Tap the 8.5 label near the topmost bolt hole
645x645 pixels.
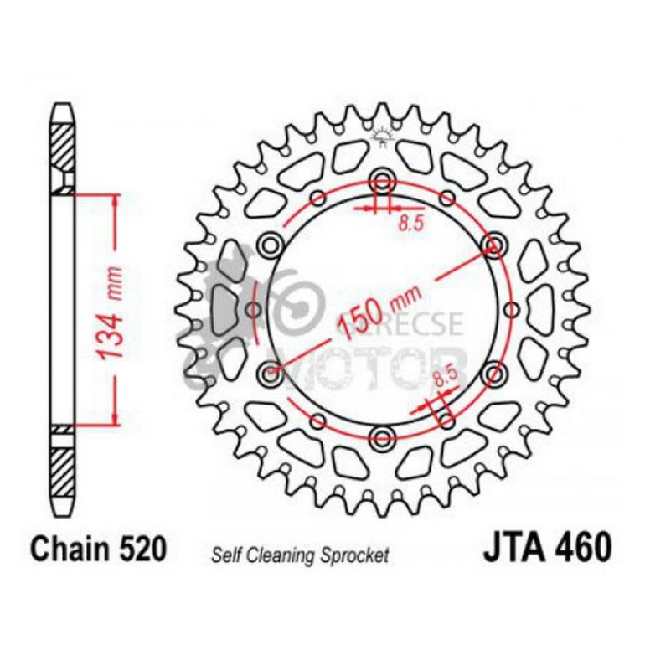(x=409, y=222)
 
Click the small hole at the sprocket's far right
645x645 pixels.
(x=510, y=308)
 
